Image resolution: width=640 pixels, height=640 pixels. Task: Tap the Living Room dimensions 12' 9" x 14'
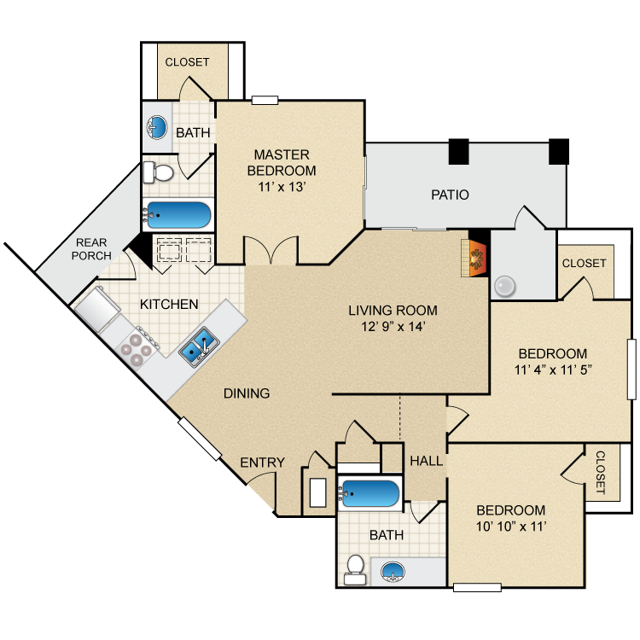point(393,326)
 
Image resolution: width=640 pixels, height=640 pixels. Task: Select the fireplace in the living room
point(474,257)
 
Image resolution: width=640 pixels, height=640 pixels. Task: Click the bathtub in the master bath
point(177,214)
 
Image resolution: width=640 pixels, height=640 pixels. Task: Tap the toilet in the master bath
point(157,173)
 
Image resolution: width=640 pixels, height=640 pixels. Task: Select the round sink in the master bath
point(156,129)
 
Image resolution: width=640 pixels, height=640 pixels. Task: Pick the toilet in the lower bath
point(356,567)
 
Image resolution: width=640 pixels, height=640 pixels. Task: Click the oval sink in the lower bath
point(393,571)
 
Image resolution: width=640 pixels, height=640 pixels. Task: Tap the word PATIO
point(450,195)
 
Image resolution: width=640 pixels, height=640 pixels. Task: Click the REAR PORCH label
point(91,249)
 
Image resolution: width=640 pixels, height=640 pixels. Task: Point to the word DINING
point(247,393)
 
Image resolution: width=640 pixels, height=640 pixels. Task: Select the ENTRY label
point(262,463)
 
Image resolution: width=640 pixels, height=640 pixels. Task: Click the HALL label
point(426,461)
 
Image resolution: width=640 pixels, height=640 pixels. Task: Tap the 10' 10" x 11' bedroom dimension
point(511,527)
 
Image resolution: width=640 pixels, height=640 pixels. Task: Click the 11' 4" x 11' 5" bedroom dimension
point(553,370)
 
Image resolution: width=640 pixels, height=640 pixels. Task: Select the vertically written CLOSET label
point(599,473)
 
